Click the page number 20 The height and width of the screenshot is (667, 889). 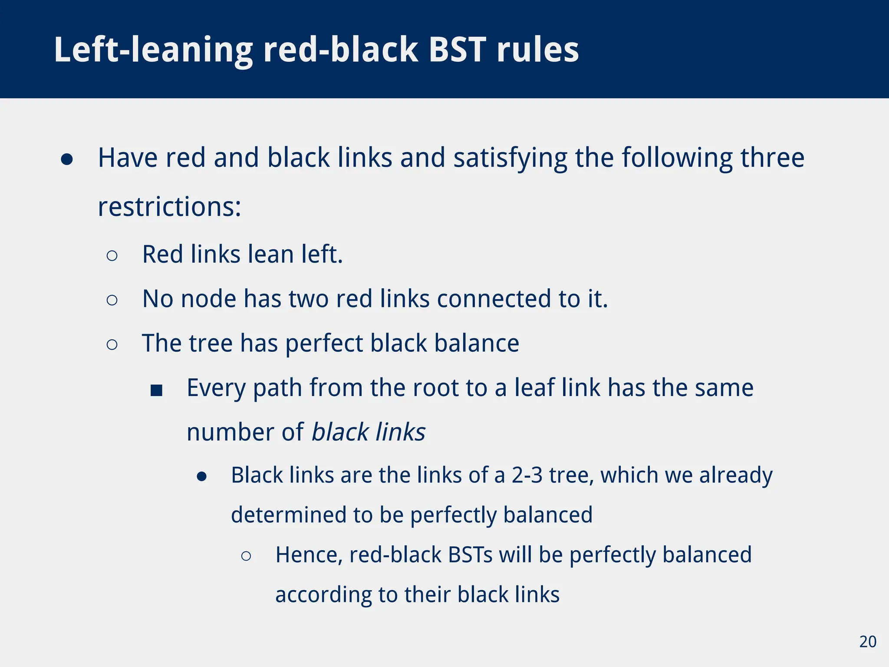[x=868, y=642]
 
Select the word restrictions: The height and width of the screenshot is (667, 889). [x=169, y=207]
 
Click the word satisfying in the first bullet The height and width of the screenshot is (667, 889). [x=510, y=158]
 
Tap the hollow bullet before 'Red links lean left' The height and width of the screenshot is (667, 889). [x=112, y=255]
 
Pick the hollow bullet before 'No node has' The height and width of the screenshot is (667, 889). [x=112, y=300]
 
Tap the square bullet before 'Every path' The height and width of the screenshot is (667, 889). [x=156, y=390]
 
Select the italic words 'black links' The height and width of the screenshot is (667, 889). [x=369, y=432]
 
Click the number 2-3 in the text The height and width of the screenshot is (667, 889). [x=527, y=475]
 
